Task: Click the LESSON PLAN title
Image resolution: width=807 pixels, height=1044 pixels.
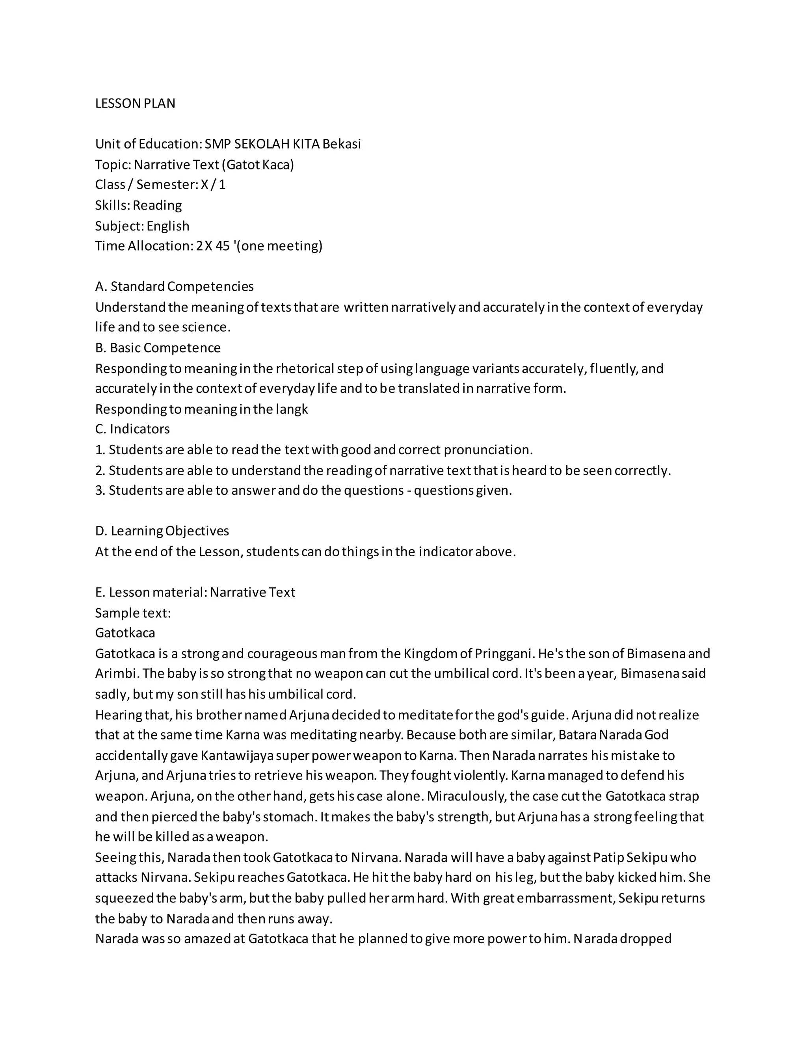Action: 135,103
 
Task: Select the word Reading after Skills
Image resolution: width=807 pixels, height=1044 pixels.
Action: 157,205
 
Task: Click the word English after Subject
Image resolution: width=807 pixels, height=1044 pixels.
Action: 168,226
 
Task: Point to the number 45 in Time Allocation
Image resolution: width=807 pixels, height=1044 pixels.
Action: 222,246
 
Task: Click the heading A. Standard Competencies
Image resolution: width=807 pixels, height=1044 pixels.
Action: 175,286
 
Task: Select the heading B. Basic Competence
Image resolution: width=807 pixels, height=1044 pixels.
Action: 158,347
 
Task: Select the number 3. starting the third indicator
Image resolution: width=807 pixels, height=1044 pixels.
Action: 100,490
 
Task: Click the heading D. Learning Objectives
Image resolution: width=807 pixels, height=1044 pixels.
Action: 162,531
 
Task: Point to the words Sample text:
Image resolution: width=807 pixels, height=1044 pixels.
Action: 133,613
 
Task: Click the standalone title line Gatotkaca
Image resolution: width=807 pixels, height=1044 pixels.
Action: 125,633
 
